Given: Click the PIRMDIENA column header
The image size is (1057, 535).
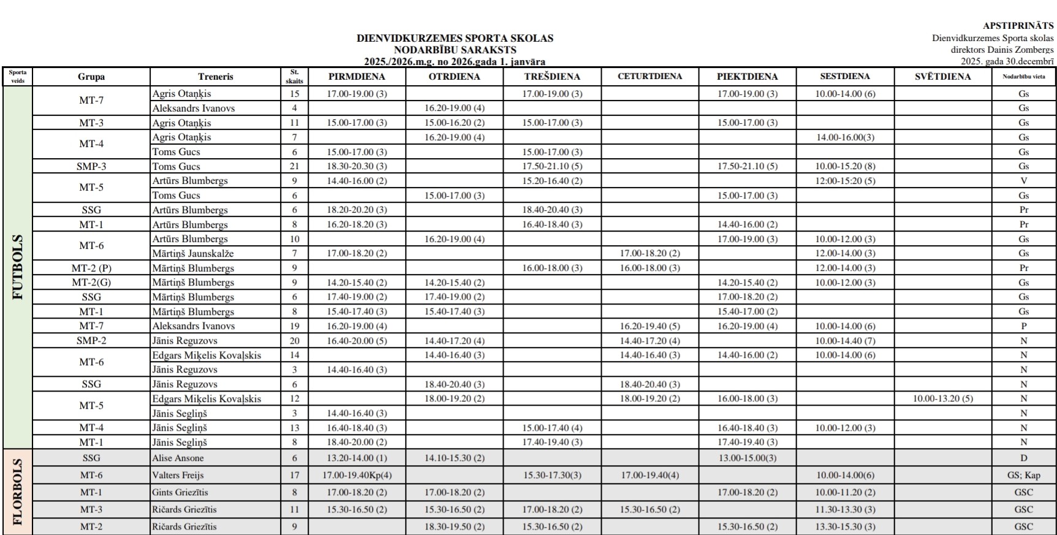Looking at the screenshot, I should tap(357, 77).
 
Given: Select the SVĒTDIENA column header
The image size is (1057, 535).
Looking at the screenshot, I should tap(942, 77).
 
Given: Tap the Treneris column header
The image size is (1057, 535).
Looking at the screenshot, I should tap(215, 77).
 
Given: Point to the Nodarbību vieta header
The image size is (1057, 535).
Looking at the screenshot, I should tap(1023, 77).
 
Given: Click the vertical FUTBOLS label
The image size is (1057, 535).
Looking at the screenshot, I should tap(18, 267).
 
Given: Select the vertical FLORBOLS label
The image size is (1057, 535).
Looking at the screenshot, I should tap(18, 492).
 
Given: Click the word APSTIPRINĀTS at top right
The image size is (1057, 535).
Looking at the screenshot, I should tap(1018, 26).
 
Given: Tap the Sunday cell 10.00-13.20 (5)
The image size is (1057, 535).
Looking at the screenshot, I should tap(942, 398).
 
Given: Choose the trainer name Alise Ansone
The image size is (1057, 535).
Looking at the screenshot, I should tap(178, 458).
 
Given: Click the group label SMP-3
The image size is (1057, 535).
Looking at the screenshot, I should tap(91, 166).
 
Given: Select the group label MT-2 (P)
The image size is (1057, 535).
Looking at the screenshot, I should tap(91, 268).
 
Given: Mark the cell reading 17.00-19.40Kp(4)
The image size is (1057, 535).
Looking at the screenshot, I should tap(357, 475).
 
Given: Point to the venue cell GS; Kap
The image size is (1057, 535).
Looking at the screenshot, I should tap(1023, 475).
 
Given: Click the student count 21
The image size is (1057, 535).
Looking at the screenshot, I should tap(294, 166).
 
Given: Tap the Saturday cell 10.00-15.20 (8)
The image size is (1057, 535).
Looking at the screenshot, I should tap(845, 166).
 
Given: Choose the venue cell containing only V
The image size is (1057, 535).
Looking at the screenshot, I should tap(1023, 181).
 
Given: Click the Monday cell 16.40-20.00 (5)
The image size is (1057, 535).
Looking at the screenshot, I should tap(357, 341).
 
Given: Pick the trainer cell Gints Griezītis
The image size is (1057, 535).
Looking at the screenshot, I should tap(180, 492).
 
